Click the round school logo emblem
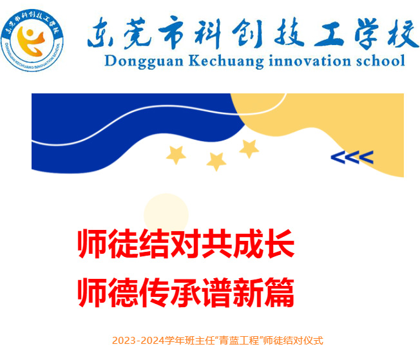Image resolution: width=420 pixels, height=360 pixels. pos(32,40)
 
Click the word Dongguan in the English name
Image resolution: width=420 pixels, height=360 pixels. pos(144,61)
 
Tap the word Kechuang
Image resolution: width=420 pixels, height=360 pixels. pos(226,61)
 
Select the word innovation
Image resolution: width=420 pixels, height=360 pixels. pos(310,61)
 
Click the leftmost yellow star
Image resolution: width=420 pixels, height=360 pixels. pos(176,155)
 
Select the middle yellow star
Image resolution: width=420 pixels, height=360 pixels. pos(216,161)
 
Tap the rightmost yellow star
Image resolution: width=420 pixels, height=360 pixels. pos(249,149)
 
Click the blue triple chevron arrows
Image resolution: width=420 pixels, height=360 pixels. pos(352,157)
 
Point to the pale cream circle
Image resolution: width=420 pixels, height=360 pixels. pos(166,214)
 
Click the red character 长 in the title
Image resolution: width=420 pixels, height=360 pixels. pos(279,243)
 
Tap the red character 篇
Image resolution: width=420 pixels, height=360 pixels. pos(279,292)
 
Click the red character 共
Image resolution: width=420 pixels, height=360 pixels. pos(217,243)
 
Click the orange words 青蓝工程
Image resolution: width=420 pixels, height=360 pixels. pos(239,341)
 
